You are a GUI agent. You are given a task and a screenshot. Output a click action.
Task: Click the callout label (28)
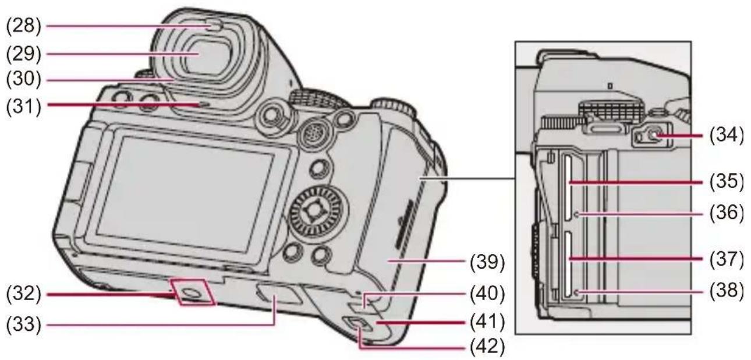click(x=23, y=26)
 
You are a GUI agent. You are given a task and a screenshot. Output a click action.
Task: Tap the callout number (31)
click(x=23, y=107)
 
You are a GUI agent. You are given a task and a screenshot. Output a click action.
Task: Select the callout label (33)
click(x=23, y=324)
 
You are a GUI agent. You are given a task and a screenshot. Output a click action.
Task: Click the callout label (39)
click(x=487, y=262)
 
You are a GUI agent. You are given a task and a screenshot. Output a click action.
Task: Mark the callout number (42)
click(x=487, y=347)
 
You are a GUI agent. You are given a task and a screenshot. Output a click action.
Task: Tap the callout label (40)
click(x=487, y=294)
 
